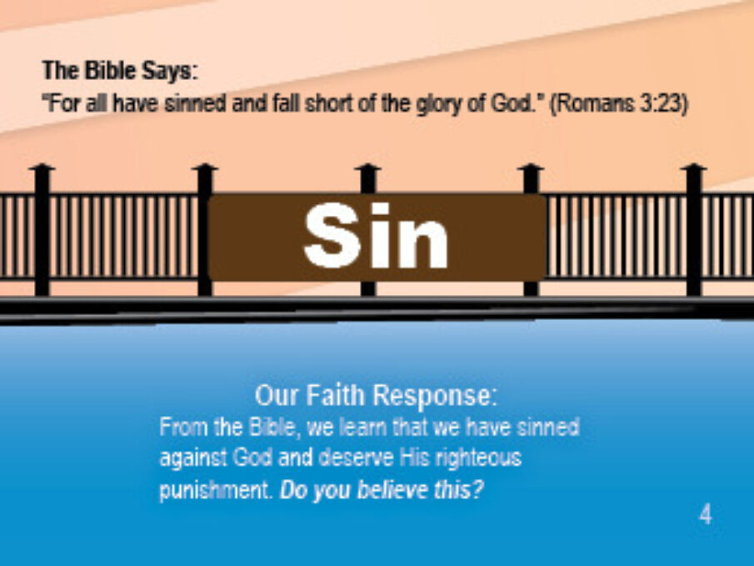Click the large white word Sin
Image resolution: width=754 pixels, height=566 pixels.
[x=376, y=235]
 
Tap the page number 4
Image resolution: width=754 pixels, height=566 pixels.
[x=706, y=514]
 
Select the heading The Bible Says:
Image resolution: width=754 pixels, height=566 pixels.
[x=120, y=71]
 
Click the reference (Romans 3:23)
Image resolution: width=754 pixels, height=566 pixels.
[x=619, y=103]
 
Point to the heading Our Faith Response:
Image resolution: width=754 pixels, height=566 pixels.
[x=376, y=396]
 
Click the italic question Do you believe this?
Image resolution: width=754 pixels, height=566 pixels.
[x=381, y=490]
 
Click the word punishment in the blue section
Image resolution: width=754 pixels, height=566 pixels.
[x=215, y=491]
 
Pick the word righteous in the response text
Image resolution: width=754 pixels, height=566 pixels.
[x=478, y=458]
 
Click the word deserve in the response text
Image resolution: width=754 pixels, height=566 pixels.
[x=356, y=458]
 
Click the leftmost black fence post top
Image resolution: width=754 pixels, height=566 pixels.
[x=42, y=167]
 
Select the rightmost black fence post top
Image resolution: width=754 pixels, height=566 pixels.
[x=693, y=167]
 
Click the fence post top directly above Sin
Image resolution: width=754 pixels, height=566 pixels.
[x=368, y=167]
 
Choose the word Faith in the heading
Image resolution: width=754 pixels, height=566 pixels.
[x=336, y=395]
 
